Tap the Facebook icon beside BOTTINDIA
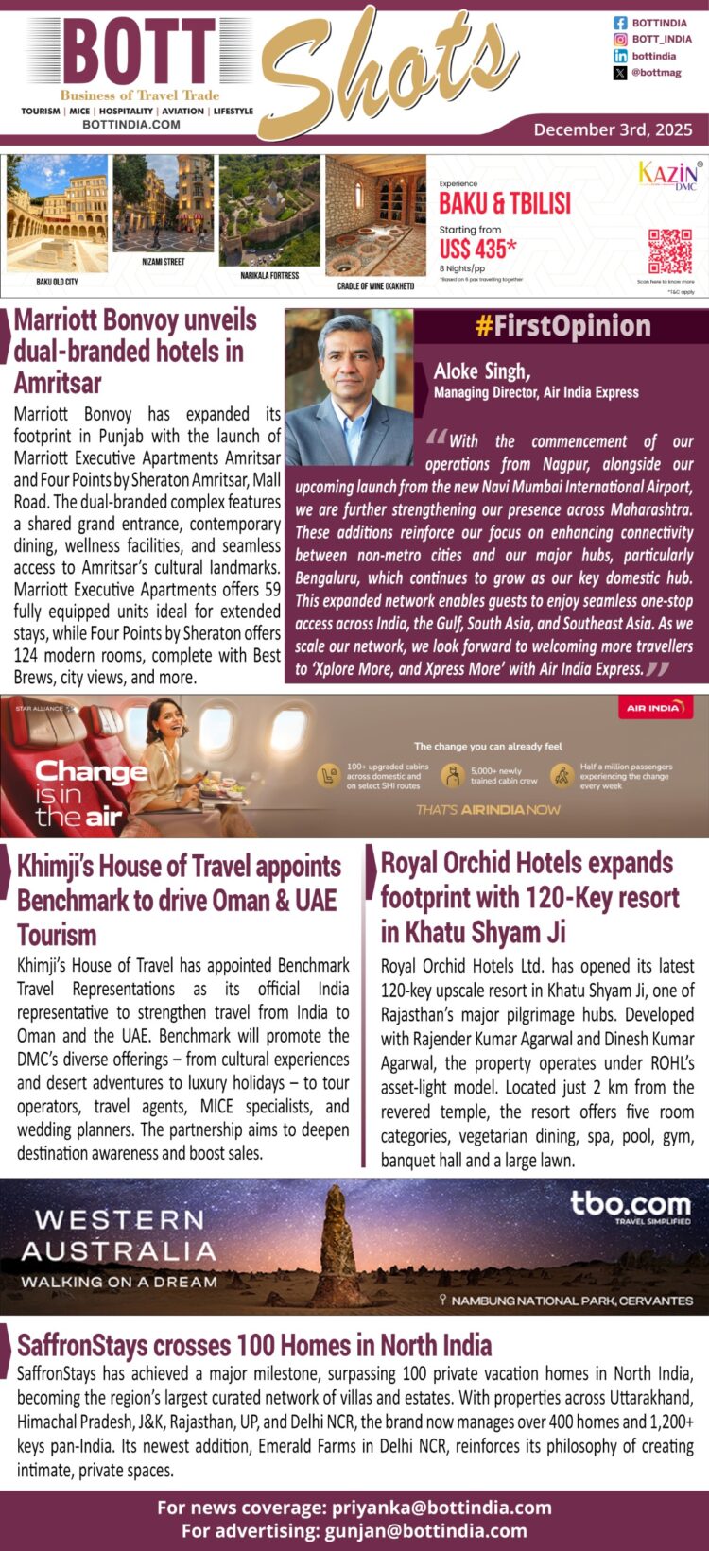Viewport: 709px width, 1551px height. pyautogui.click(x=620, y=23)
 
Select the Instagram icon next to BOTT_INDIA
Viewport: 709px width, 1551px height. pyautogui.click(x=620, y=40)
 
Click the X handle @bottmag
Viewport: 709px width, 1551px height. pyautogui.click(x=656, y=73)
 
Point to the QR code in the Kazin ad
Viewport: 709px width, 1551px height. pyautogui.click(x=669, y=252)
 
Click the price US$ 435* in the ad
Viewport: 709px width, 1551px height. pyautogui.click(x=477, y=249)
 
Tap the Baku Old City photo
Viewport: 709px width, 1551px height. pyautogui.click(x=57, y=214)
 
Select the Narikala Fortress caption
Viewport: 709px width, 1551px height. pyautogui.click(x=269, y=276)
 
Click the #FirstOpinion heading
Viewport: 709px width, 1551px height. pyautogui.click(x=562, y=326)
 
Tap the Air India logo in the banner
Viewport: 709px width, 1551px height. pyautogui.click(x=653, y=708)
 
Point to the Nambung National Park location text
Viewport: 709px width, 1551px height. pyautogui.click(x=566, y=1301)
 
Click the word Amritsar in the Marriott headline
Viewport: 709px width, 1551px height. pyautogui.click(x=58, y=383)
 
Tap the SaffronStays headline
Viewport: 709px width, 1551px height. pyautogui.click(x=254, y=1344)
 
